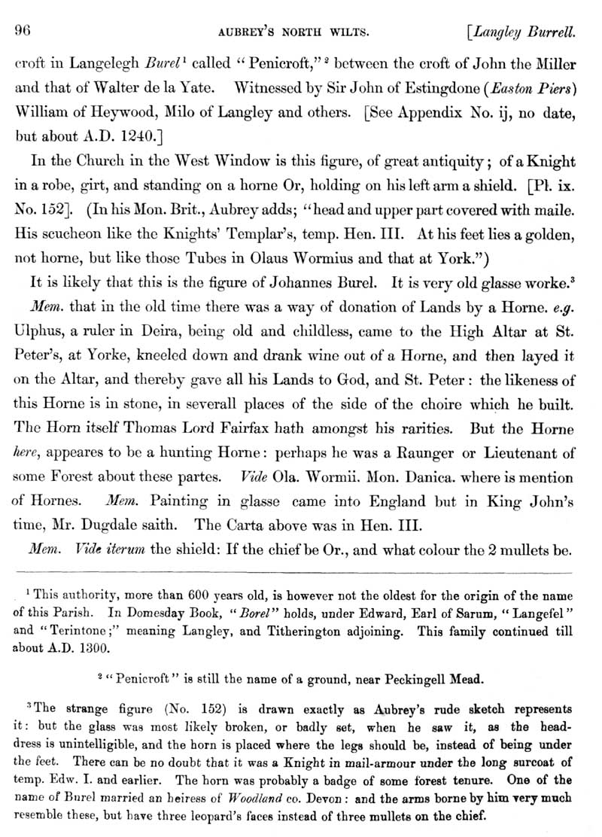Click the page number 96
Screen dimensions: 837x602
[22, 31]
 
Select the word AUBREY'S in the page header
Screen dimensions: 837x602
[242, 32]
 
